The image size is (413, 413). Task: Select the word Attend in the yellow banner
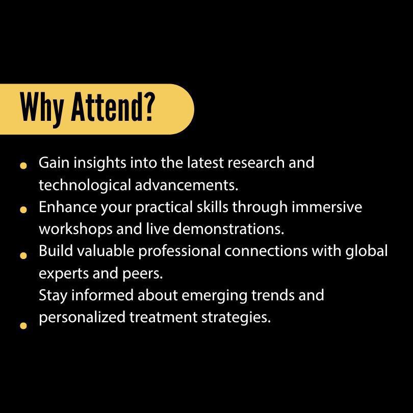coord(107,107)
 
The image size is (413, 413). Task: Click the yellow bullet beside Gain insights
coord(23,166)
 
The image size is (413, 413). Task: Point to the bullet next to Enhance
coord(23,210)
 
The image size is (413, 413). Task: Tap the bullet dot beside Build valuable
coord(23,255)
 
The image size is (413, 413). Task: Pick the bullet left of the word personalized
coord(23,326)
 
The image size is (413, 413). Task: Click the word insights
coord(100,163)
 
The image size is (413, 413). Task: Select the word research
coord(256,163)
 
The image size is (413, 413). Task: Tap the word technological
coord(85,186)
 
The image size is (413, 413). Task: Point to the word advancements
coord(187,185)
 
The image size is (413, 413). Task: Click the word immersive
coord(327,207)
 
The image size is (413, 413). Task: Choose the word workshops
coord(75,229)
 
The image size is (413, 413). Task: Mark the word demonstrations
coord(228,228)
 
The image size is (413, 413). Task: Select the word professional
coord(179,251)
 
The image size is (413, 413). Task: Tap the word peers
coord(142,274)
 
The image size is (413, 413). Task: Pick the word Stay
coord(53,296)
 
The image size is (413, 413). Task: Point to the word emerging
coord(214,296)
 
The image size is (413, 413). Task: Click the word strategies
coord(236,318)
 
